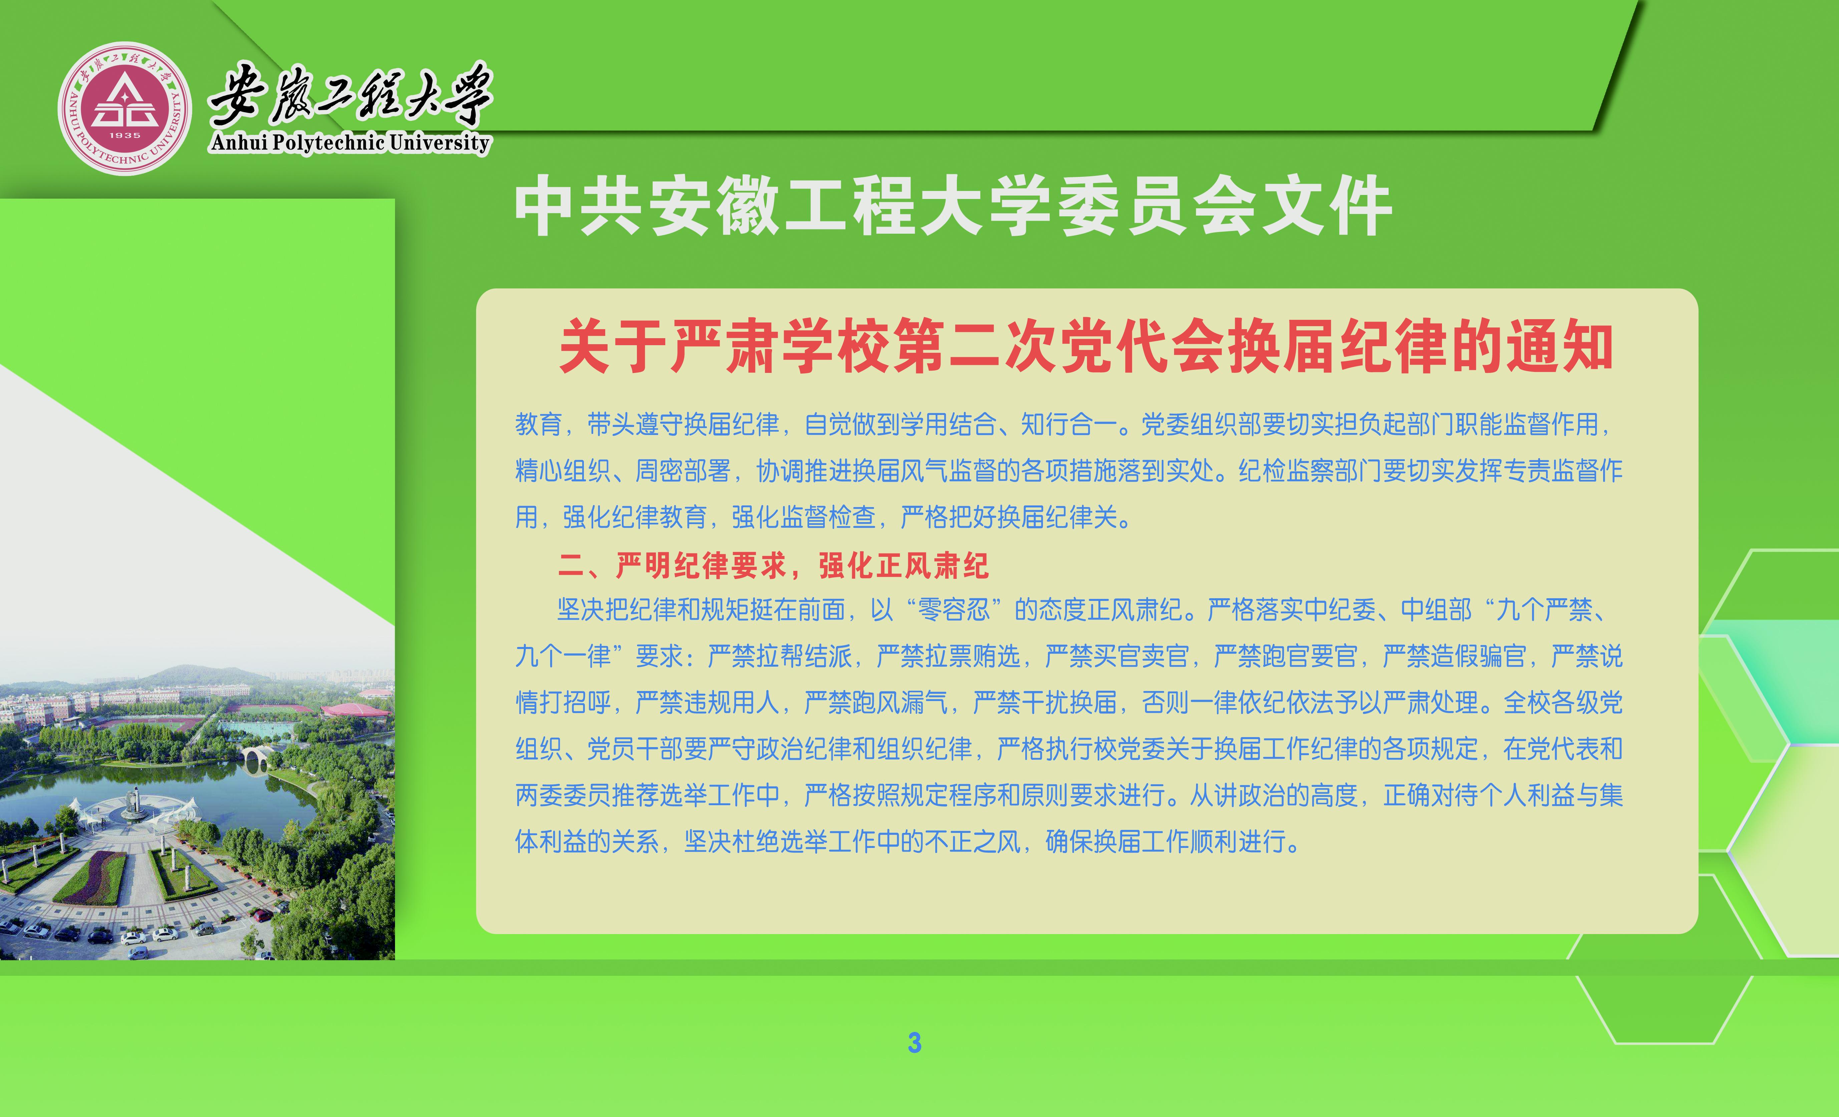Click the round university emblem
pos(125,108)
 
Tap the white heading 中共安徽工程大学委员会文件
pos(953,206)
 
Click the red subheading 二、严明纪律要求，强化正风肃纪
pos(773,565)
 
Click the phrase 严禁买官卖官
pos(1117,656)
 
